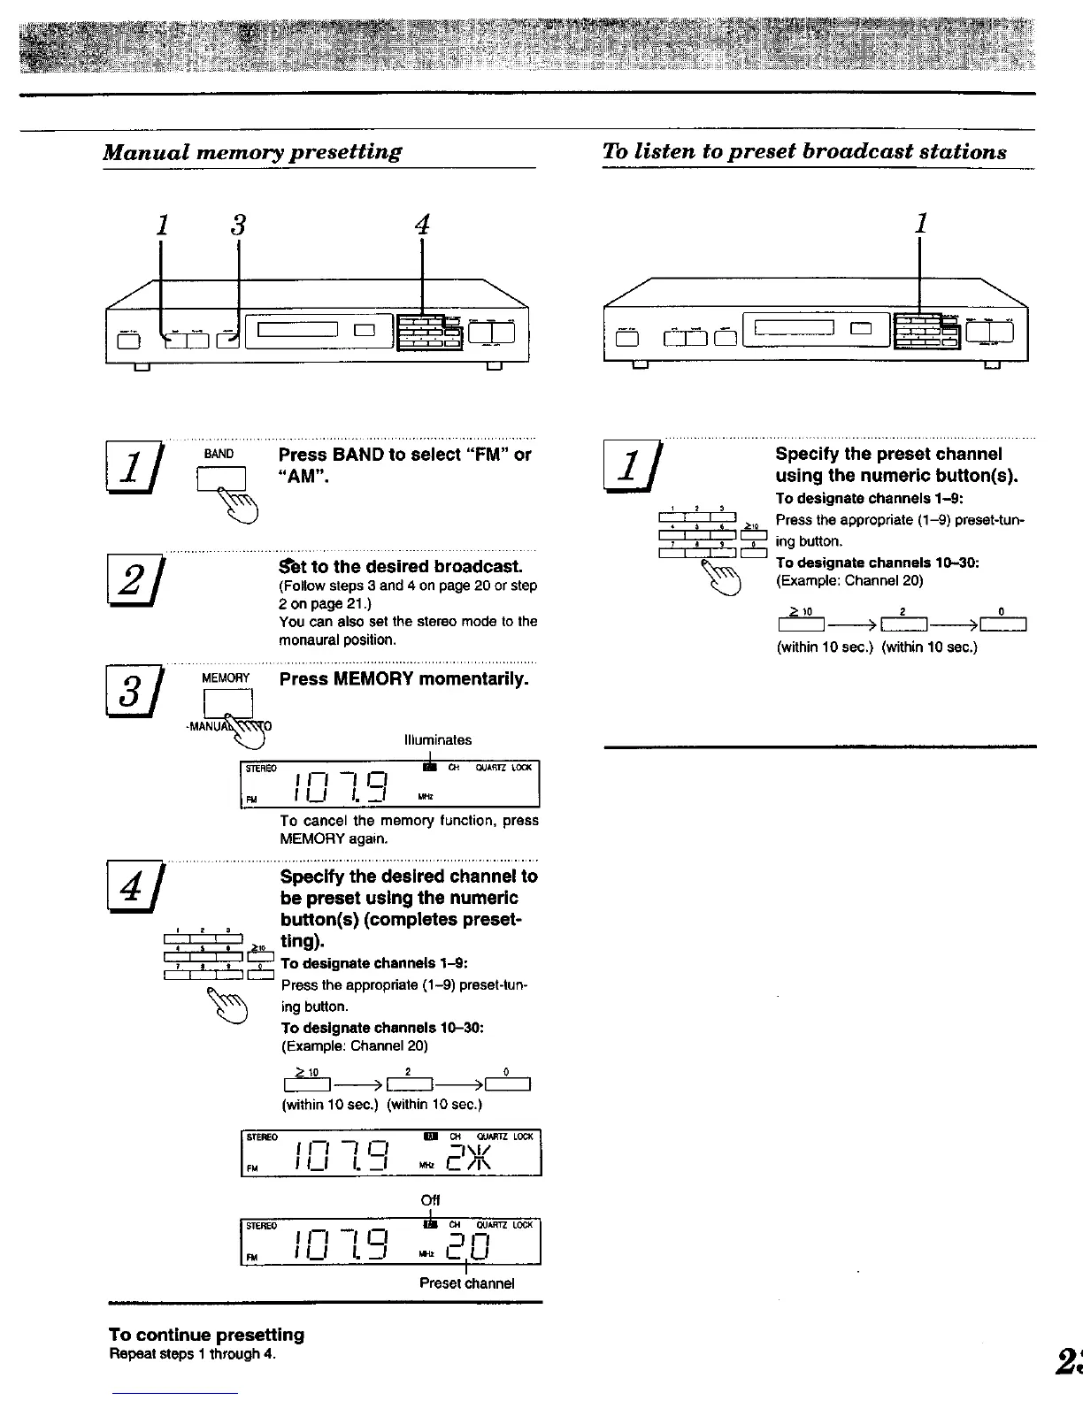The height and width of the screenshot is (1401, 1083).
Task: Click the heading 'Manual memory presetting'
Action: tap(252, 151)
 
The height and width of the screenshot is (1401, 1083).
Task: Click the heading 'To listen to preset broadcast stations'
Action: tap(803, 151)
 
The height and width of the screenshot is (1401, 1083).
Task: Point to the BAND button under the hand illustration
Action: tap(220, 479)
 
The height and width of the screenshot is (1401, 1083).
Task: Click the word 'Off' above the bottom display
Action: tap(430, 1200)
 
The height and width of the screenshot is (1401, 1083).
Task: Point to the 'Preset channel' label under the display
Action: tap(466, 1282)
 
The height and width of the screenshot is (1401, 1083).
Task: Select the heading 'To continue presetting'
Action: tap(206, 1334)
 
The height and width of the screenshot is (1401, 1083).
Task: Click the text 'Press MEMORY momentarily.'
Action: tap(403, 679)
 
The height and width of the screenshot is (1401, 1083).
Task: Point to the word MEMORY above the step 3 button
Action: tap(226, 678)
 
